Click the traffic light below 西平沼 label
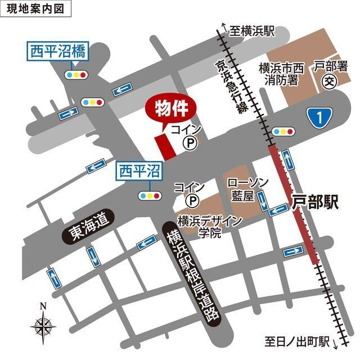[150, 196]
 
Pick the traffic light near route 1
[282, 132]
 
